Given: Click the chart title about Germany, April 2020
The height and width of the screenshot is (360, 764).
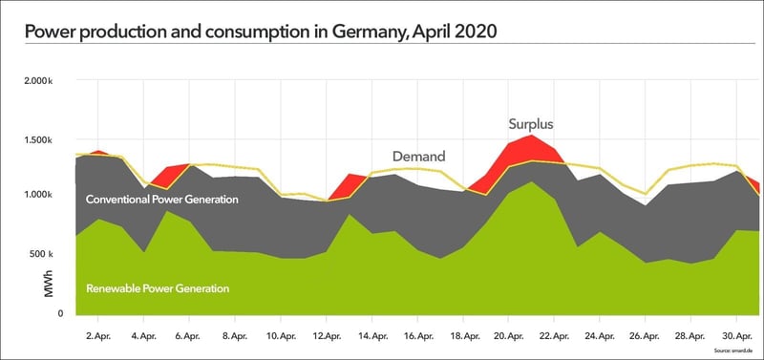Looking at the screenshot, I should tap(260, 31).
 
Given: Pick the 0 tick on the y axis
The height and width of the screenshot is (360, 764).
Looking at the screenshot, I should tap(60, 313).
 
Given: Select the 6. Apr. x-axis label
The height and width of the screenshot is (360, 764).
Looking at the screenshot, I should tap(187, 336).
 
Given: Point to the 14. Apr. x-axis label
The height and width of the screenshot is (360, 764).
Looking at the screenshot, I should tap(371, 336).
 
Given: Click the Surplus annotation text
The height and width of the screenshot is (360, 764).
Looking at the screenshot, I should tap(530, 124).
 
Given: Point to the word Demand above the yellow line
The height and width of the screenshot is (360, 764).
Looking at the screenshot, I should tap(418, 156).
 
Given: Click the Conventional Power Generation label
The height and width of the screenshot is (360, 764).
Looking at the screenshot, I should tap(161, 200).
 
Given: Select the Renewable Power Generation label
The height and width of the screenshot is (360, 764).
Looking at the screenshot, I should tap(158, 287).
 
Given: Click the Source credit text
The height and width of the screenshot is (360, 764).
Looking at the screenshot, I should tap(740, 351).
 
